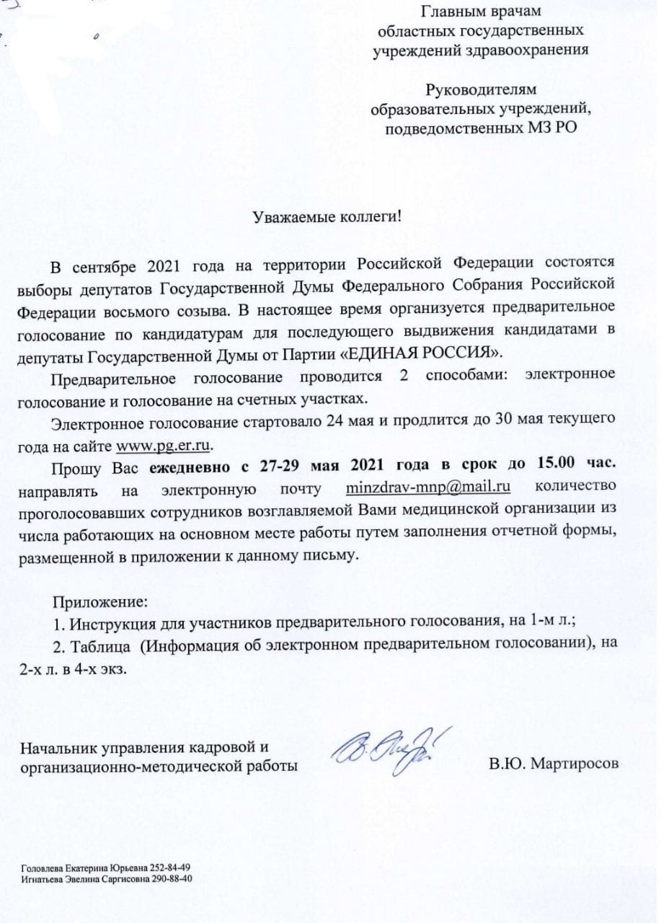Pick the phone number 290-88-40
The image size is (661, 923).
(172, 879)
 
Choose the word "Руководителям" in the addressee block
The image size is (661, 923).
(481, 90)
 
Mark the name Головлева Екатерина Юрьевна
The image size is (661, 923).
(84, 867)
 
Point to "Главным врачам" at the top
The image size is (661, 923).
(481, 12)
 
